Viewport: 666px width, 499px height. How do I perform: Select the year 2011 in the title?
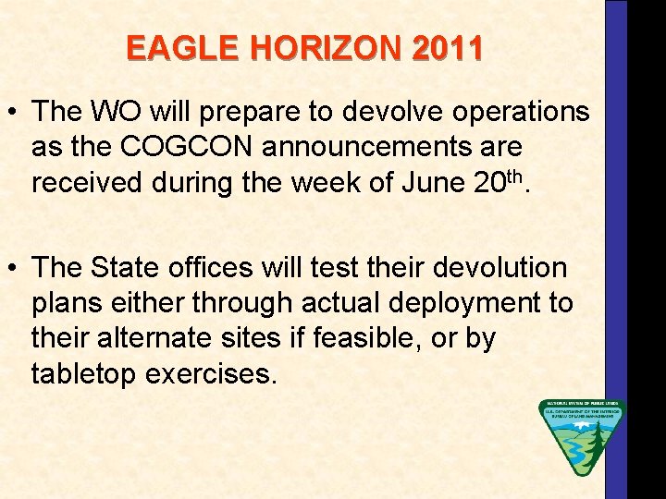pos(447,48)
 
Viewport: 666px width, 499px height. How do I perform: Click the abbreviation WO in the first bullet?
pos(122,112)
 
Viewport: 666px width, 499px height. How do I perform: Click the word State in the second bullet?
pos(129,268)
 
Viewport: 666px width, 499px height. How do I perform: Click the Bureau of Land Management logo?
pos(582,436)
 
